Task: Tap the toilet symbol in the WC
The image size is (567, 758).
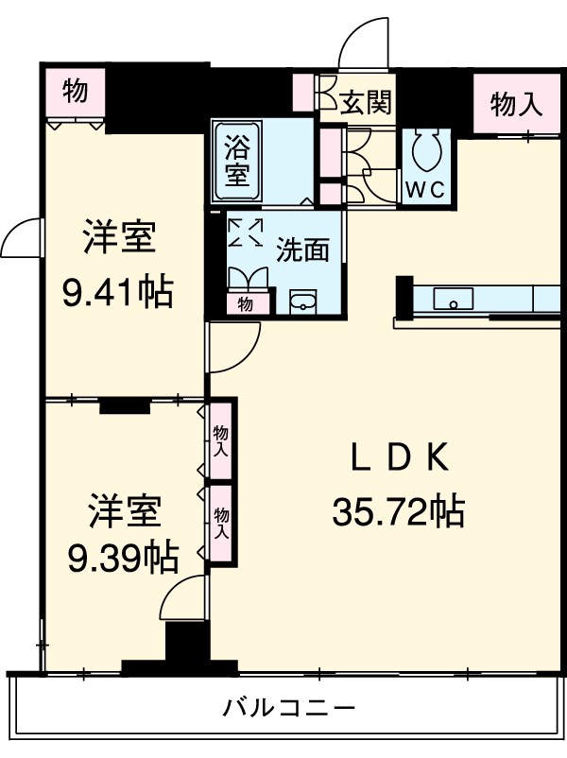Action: (x=427, y=148)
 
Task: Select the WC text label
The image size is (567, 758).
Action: (x=425, y=189)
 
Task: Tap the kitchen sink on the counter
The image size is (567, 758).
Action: (x=454, y=301)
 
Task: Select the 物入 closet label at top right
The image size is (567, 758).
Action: (x=518, y=105)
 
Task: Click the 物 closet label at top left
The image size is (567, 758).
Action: (x=76, y=92)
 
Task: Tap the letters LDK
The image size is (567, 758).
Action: (x=398, y=458)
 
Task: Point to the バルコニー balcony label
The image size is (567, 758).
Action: (x=289, y=707)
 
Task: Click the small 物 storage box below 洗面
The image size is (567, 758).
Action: (x=246, y=303)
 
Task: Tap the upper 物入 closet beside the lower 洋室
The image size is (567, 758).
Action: (x=221, y=440)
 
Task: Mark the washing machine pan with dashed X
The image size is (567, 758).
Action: (x=247, y=232)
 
